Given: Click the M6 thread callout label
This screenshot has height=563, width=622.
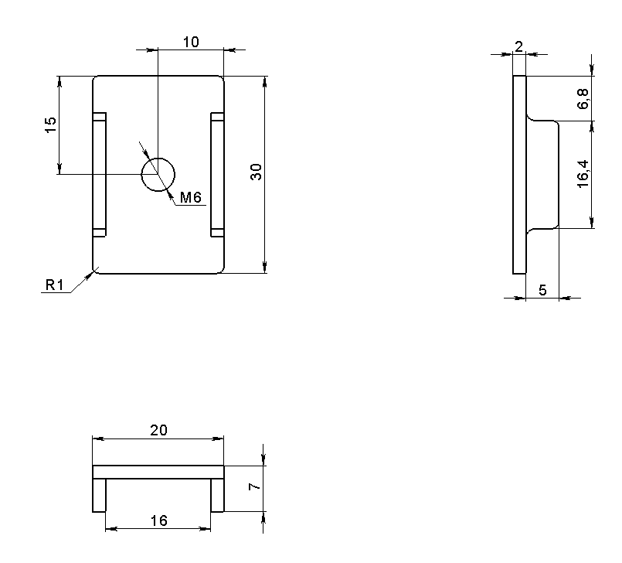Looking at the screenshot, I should [x=190, y=199].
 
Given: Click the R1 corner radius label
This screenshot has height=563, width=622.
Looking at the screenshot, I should [x=53, y=285].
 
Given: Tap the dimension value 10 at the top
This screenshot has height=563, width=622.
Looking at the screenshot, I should [x=190, y=42].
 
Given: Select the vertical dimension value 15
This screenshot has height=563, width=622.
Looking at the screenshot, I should [x=50, y=125].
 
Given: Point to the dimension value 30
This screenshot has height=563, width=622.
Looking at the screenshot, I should [x=257, y=172].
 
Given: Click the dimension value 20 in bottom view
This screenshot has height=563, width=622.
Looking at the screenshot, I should [x=158, y=430].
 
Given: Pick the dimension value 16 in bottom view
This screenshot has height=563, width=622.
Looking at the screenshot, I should [x=158, y=520].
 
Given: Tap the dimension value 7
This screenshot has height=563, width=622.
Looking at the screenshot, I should [x=252, y=488].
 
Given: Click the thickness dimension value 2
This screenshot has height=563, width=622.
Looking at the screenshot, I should [x=518, y=46].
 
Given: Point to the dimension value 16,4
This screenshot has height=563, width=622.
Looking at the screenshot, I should [x=583, y=175].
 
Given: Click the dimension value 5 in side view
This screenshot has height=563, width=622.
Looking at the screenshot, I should [x=542, y=290].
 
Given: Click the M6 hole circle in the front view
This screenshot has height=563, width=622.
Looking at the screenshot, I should [x=158, y=174].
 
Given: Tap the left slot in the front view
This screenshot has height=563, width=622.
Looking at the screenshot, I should [x=100, y=175].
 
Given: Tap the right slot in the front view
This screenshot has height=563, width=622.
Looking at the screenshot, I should [x=217, y=175].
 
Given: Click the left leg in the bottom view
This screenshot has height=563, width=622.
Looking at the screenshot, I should [x=99, y=495].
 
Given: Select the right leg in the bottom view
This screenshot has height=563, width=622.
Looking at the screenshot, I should [x=217, y=495].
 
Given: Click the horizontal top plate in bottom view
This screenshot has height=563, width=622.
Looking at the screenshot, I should [x=158, y=472].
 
